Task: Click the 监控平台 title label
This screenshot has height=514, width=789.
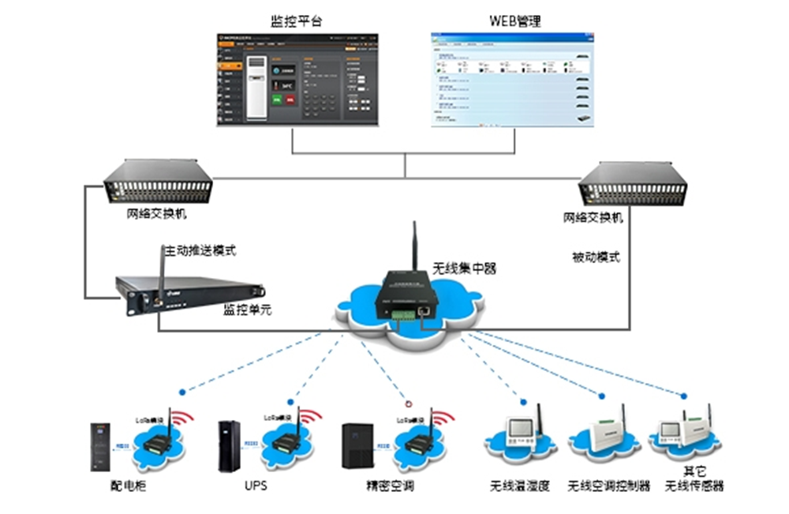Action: coord(296,20)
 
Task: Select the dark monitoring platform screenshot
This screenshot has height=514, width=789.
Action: coord(297,79)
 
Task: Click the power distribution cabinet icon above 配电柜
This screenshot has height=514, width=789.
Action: coord(99,448)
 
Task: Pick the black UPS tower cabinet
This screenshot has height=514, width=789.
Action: coord(229,446)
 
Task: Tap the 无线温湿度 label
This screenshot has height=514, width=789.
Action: coord(519,486)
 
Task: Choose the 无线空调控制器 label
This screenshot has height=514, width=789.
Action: coord(609,486)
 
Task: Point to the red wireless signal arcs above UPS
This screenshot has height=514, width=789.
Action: coord(310,418)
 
